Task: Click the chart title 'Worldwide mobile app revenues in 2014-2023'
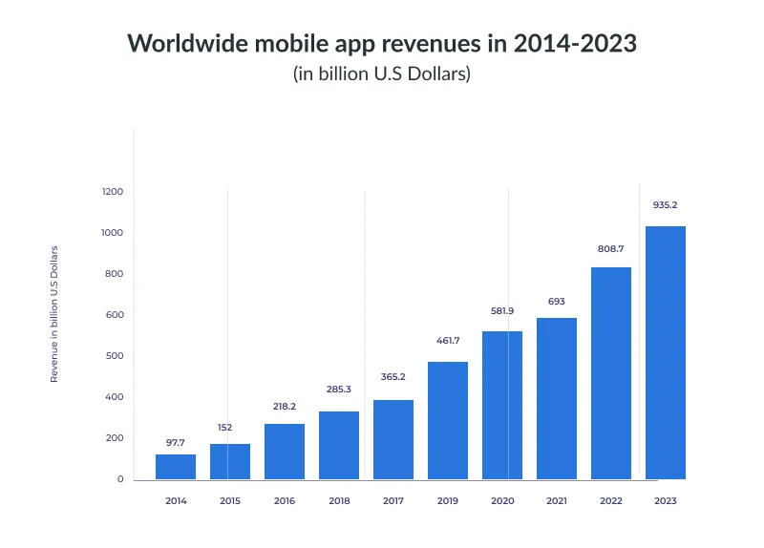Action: (381, 44)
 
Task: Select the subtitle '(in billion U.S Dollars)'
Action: (381, 74)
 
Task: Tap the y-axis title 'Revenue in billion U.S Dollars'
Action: (54, 314)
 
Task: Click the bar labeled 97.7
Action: (176, 466)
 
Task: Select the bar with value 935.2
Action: (666, 352)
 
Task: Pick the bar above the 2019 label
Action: (448, 420)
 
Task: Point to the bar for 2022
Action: (611, 372)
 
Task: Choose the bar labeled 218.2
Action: (285, 451)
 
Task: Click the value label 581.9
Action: (502, 310)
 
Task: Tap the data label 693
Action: (557, 302)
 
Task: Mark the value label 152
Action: (224, 427)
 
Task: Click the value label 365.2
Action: (393, 377)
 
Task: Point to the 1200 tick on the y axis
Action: (113, 192)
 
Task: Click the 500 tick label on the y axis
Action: (116, 356)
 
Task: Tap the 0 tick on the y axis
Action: (120, 479)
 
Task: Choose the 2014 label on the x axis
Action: (176, 500)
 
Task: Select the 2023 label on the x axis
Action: (666, 500)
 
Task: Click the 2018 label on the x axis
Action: (339, 500)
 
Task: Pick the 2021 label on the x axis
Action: (557, 500)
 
